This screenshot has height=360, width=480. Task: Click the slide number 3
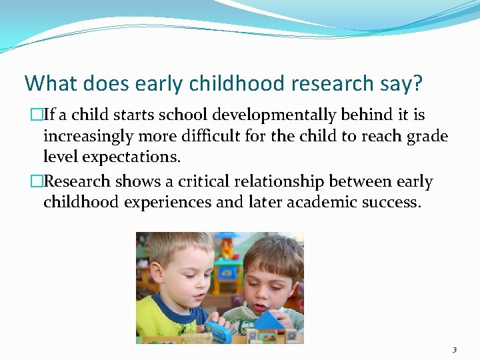(455, 349)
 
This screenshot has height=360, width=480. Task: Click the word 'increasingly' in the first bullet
(87, 137)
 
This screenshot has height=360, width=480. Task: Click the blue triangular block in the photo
(269, 321)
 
